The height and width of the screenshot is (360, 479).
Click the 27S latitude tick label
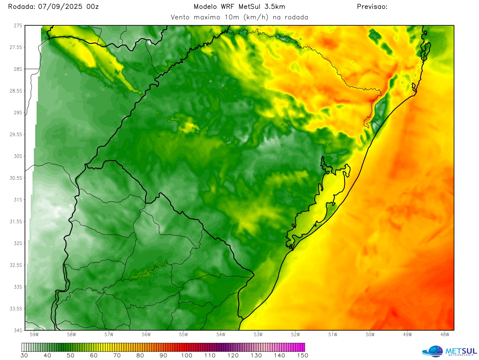18,26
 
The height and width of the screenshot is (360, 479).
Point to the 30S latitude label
18,156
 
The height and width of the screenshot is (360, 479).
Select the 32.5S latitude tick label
16,265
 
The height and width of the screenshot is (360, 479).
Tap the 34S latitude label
18,331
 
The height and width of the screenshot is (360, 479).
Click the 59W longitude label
34,335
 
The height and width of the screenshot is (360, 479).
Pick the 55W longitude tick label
184,335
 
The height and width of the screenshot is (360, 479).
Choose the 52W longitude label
296,335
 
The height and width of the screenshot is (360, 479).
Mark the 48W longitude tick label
445,335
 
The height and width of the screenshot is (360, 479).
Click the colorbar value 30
24,356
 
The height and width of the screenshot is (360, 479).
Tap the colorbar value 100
187,356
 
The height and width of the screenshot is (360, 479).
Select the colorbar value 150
302,356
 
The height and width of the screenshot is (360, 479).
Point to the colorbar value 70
117,356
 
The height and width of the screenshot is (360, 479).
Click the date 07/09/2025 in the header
60,7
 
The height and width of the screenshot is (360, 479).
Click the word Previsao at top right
372,7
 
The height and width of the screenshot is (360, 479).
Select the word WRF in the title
228,7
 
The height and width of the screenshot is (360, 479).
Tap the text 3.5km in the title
275,7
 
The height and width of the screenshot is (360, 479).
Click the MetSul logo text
461,351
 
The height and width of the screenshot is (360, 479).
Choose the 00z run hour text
92,7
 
